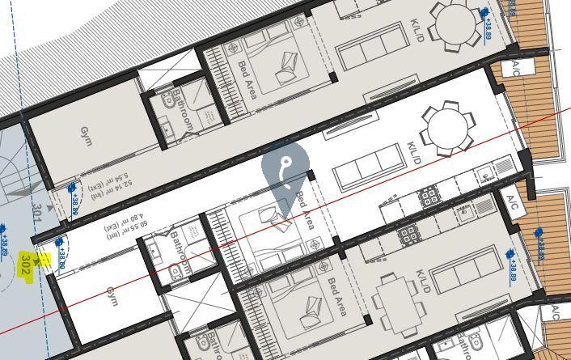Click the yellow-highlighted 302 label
click(27, 264)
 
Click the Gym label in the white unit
click(112, 296)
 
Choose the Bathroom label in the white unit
click(180, 252)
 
